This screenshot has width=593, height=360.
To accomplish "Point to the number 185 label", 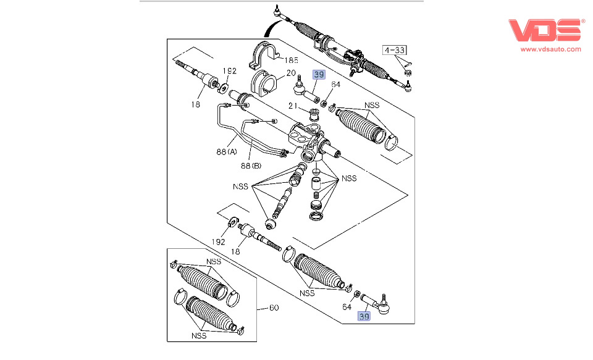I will tap(290, 61).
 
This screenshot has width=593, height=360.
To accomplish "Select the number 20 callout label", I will tap(290, 72).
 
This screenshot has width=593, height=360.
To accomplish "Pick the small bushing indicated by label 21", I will tap(314, 114).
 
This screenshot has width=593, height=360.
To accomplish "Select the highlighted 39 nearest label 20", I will tap(319, 75).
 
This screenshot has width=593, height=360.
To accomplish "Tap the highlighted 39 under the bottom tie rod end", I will tap(364, 317).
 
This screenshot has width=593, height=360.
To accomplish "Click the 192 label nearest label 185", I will tap(229, 71).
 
